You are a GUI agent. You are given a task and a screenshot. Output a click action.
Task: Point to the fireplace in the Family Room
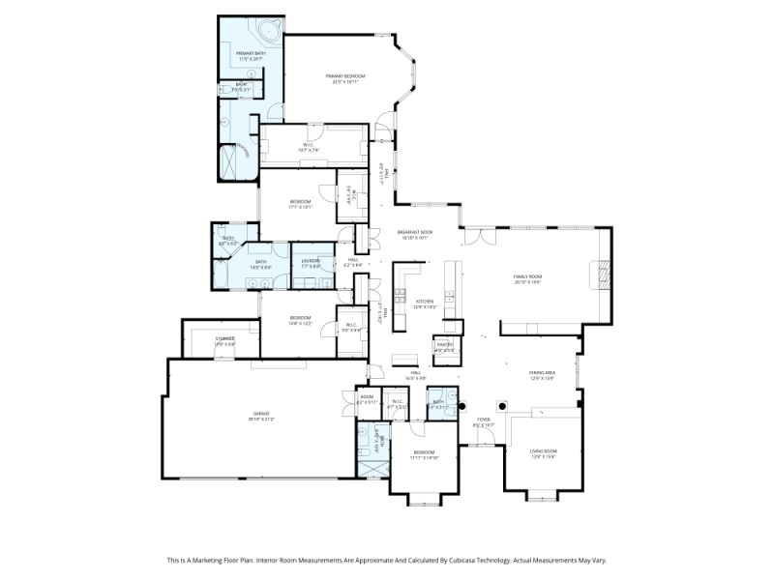click(x=601, y=277)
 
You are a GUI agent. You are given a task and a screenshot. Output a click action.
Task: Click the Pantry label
click(x=444, y=344)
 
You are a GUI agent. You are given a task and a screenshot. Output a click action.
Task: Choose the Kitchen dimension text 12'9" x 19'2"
click(x=427, y=306)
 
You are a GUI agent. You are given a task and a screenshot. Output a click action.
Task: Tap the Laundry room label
click(x=312, y=261)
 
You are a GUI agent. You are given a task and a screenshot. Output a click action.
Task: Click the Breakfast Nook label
click(x=415, y=232)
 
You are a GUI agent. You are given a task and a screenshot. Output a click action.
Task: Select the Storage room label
click(x=224, y=338)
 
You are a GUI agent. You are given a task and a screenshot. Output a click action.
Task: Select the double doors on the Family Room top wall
click(x=477, y=236)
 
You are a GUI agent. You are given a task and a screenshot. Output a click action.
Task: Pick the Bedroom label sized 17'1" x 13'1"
click(x=300, y=201)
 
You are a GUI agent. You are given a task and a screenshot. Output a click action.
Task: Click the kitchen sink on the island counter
click(x=449, y=294)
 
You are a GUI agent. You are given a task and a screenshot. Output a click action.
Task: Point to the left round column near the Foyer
click(x=462, y=405)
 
